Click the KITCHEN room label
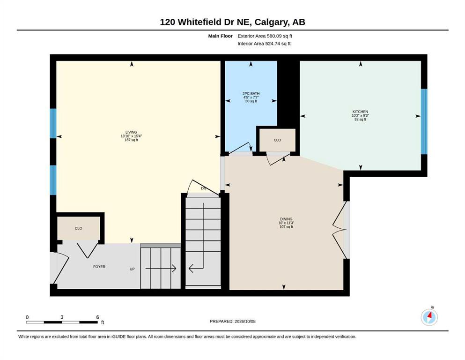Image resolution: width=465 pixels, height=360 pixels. click(360, 112)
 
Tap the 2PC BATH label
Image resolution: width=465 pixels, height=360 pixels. click(251, 93)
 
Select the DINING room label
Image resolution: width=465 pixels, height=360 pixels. click(286, 219)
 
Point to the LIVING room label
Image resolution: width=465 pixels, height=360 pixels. click(131, 132)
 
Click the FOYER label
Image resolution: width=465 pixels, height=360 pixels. click(99, 267)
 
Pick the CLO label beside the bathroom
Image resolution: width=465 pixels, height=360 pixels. click(277, 140)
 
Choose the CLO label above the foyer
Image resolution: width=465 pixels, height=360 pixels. click(78, 229)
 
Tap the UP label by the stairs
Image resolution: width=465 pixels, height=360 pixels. click(132, 269)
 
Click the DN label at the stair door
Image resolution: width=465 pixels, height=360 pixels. click(203, 188)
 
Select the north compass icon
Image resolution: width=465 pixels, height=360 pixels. click(429, 317)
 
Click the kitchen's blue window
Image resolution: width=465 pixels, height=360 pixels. click(424, 122)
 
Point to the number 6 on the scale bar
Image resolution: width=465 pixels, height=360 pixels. click(97, 317)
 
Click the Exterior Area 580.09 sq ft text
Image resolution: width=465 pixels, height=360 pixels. click(265, 36)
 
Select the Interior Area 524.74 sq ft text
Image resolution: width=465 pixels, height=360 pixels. click(264, 44)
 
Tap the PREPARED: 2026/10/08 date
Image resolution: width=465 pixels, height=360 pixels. click(232, 322)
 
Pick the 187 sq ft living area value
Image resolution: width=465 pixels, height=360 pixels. click(131, 140)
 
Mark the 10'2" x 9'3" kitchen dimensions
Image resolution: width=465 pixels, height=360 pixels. click(360, 115)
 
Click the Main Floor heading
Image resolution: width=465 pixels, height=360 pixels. click(221, 36)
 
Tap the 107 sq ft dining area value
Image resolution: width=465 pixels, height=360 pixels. click(286, 227)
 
